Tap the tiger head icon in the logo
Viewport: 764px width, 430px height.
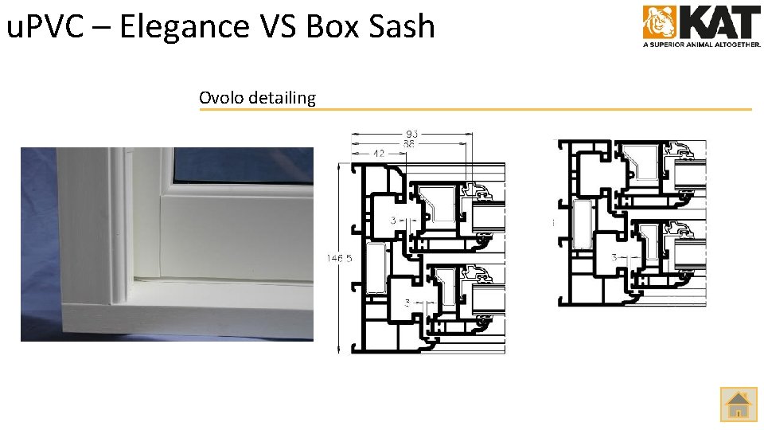659,22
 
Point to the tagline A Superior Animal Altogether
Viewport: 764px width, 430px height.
701,45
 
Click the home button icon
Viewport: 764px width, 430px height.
739,404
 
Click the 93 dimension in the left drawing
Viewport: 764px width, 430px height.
411,135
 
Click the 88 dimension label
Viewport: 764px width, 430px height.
409,144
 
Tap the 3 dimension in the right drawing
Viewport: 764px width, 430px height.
614,257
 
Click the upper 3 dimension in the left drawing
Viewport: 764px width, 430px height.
393,219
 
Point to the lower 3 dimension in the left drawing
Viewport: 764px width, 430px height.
407,303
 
